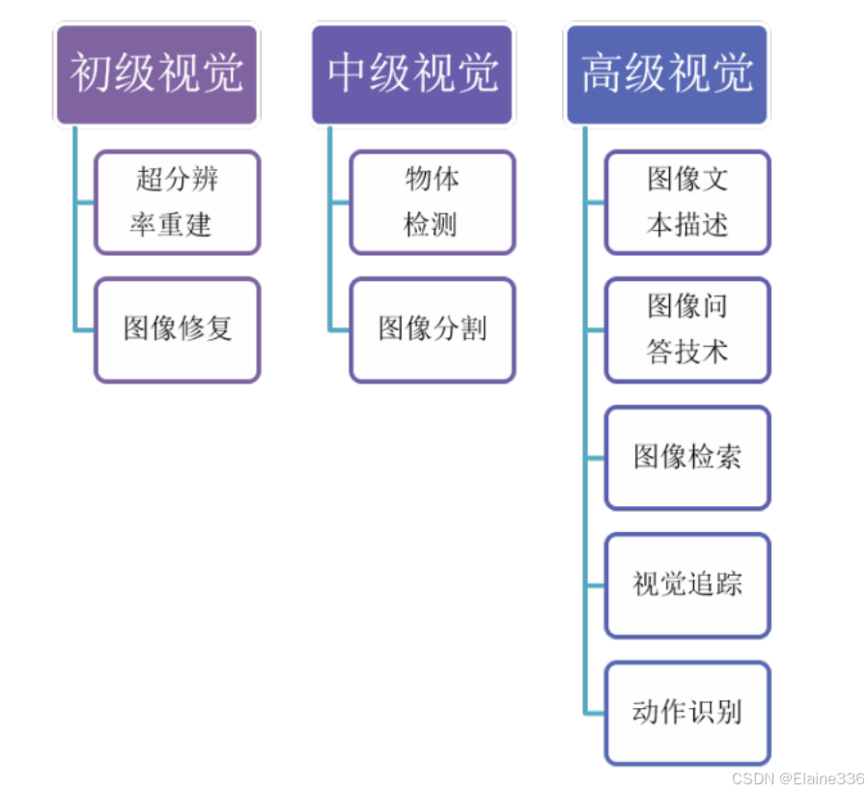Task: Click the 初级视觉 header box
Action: click(x=156, y=74)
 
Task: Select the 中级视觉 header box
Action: click(x=412, y=74)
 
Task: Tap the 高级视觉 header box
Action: click(x=667, y=74)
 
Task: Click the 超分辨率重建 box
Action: click(x=177, y=202)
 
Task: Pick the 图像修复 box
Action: click(x=177, y=329)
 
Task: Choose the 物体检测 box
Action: click(x=432, y=202)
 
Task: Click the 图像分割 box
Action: click(x=432, y=329)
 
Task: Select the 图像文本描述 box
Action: click(x=687, y=202)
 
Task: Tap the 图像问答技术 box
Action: click(x=687, y=329)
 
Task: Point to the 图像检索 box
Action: click(x=687, y=457)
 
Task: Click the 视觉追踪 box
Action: click(x=687, y=584)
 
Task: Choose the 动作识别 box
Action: click(x=687, y=713)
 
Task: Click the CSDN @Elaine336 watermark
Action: click(x=798, y=779)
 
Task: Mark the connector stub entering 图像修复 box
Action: click(x=84, y=330)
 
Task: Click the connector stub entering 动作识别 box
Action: click(x=595, y=714)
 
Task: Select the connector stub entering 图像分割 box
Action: click(x=339, y=330)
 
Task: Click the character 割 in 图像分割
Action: click(x=473, y=329)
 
